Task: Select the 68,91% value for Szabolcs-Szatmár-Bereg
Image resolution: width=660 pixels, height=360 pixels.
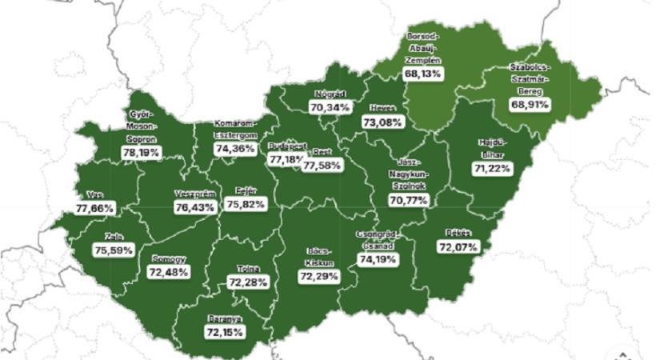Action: coord(532,104)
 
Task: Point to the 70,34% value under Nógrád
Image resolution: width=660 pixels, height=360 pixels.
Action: coord(330,106)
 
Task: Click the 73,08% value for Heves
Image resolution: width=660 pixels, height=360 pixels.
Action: coord(383,122)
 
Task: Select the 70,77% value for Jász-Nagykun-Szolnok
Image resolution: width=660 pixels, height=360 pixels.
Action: coord(404,199)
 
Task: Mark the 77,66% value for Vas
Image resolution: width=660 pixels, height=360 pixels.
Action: coord(96,208)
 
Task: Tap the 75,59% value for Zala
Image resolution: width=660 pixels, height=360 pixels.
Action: coord(111,249)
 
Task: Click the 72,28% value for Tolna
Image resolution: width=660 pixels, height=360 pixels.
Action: coord(248,282)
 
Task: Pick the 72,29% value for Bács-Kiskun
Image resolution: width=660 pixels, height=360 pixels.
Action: coord(318,276)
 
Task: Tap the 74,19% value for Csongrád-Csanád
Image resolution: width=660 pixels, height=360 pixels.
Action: coord(378,260)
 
